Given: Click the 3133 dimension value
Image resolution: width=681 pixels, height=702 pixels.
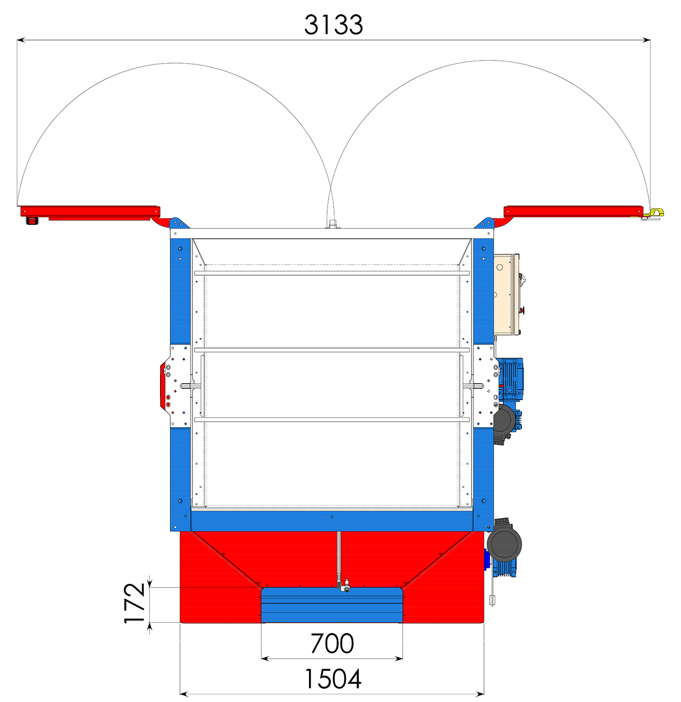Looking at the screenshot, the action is click(333, 25).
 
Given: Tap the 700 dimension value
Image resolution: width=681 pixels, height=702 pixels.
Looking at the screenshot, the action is click(332, 644).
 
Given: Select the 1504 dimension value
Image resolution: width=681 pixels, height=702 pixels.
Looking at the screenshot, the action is click(332, 679).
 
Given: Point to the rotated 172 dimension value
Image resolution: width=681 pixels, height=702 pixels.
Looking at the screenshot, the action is click(135, 603).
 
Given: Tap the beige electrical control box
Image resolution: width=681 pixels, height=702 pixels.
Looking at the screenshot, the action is click(508, 294).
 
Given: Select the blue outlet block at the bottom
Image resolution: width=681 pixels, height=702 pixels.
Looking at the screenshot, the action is click(332, 605).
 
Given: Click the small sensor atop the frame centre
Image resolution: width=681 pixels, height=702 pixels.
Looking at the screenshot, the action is click(332, 224).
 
